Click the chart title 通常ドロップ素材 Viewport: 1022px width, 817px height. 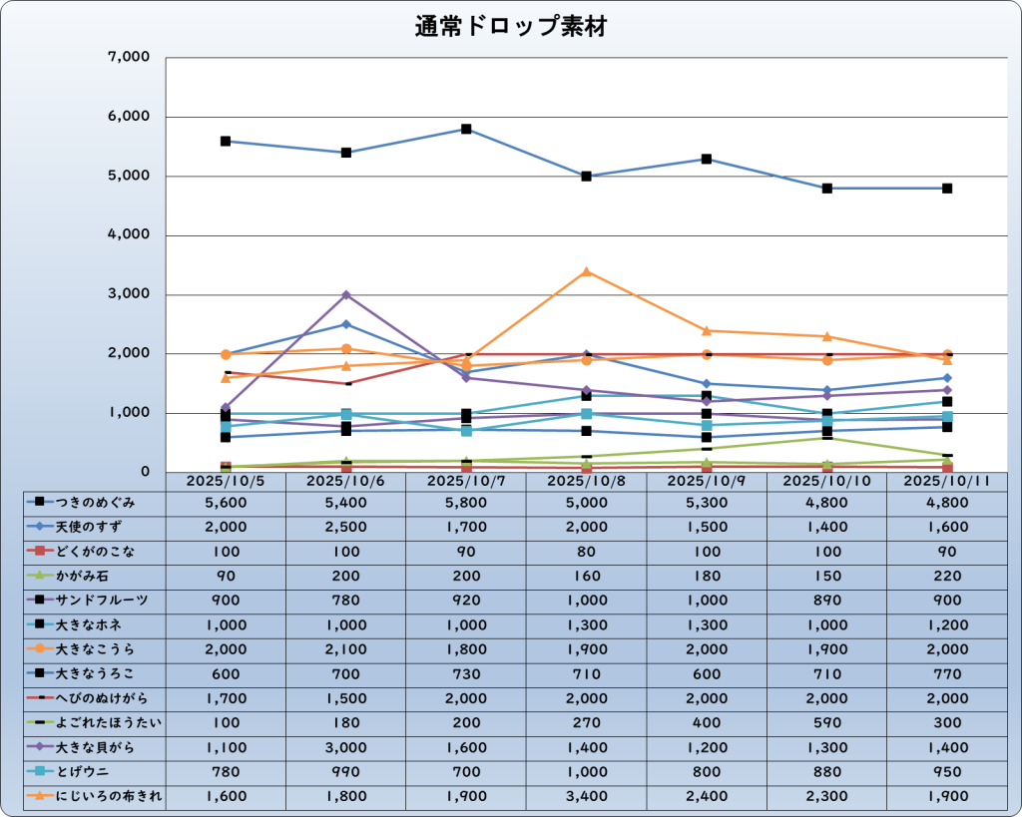tap(511, 28)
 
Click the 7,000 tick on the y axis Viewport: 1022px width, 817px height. tap(128, 58)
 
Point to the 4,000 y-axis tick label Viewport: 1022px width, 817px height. tap(128, 235)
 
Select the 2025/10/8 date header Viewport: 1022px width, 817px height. tap(586, 481)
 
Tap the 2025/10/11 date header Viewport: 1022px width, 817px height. tap(946, 481)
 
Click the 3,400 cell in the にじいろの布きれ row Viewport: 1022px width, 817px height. tap(586, 796)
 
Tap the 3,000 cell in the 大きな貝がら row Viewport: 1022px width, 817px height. tap(345, 747)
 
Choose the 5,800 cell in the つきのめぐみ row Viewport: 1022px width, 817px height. tap(465, 503)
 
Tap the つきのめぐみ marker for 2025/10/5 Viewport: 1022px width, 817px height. tap(226, 142)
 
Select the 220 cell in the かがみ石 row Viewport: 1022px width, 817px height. tap(946, 577)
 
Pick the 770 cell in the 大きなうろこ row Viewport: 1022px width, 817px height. tap(946, 673)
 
